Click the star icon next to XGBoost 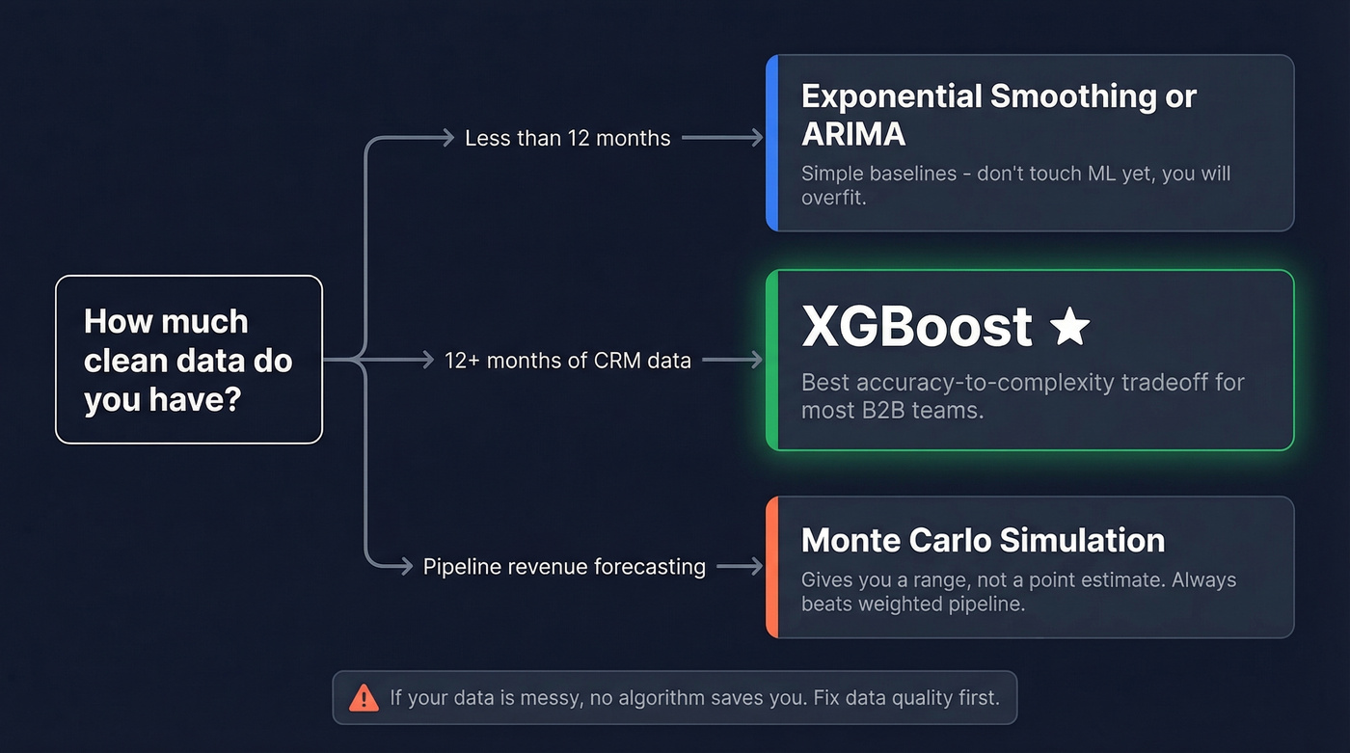(1069, 328)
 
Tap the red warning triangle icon (364, 697)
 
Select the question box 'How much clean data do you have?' (189, 360)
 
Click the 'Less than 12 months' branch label (567, 138)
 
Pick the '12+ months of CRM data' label (567, 361)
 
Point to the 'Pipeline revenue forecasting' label (564, 566)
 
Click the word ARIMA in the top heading (853, 133)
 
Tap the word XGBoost (917, 328)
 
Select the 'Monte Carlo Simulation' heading (983, 540)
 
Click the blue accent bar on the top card (771, 143)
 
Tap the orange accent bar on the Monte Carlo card (771, 567)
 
